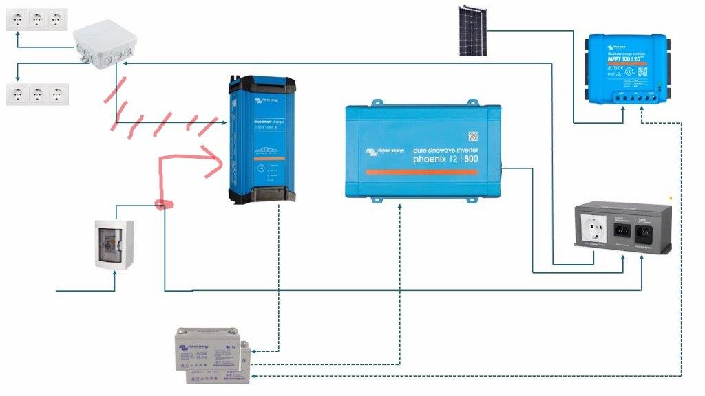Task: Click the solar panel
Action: [474, 30]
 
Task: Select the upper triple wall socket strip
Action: [37, 19]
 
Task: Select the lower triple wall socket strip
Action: [37, 93]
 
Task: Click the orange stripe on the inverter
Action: [421, 172]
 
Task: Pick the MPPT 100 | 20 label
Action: [624, 59]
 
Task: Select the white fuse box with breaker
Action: [112, 243]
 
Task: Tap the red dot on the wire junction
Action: [163, 204]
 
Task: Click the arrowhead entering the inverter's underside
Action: [400, 204]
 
